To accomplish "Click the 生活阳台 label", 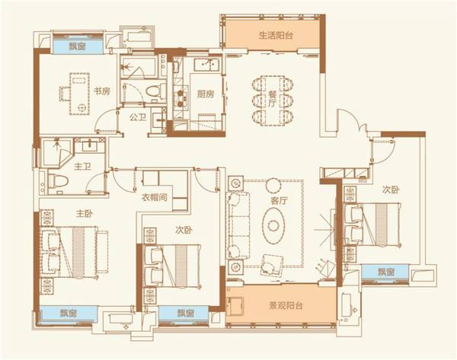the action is coord(276,36).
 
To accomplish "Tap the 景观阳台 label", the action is coord(286,306).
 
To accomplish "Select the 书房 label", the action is coord(102,91).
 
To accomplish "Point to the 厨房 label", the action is coord(206,94).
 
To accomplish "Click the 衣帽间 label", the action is coord(154,197).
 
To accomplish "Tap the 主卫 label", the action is coord(82,167).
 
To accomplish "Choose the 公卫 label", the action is coord(138,118).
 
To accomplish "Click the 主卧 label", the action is coord(85,214).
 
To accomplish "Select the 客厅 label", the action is coord(280,201).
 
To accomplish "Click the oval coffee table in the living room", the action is coord(273,225).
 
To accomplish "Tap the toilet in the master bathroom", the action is coord(59,181).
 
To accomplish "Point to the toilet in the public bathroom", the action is coord(155,91).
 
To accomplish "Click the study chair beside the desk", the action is coord(65,94).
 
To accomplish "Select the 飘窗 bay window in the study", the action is coord(77,46).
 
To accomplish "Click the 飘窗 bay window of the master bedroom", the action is coord(69,314).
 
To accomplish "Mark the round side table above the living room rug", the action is coord(273,185).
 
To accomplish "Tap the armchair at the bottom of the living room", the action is coord(272,265).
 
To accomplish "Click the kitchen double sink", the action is coord(207,64).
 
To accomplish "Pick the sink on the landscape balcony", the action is coord(235,306).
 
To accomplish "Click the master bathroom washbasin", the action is coord(89,145).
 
